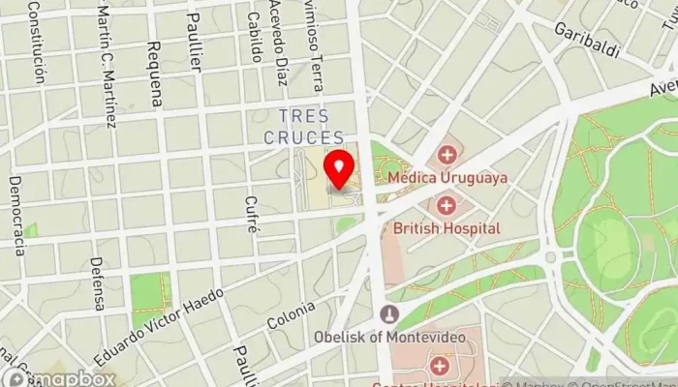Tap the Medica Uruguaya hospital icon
pyautogui.click(x=447, y=155)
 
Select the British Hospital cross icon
pyautogui.click(x=447, y=205)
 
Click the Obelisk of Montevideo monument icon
pyautogui.click(x=389, y=314)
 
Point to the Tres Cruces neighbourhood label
pyautogui.click(x=303, y=127)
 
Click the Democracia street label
pyautogui.click(x=16, y=215)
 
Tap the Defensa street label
pyautogui.click(x=98, y=283)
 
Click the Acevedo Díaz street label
pyautogui.click(x=280, y=43)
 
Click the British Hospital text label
pyautogui.click(x=447, y=228)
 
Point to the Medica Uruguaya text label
pyautogui.click(x=447, y=178)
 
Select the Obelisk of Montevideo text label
pyautogui.click(x=389, y=337)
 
